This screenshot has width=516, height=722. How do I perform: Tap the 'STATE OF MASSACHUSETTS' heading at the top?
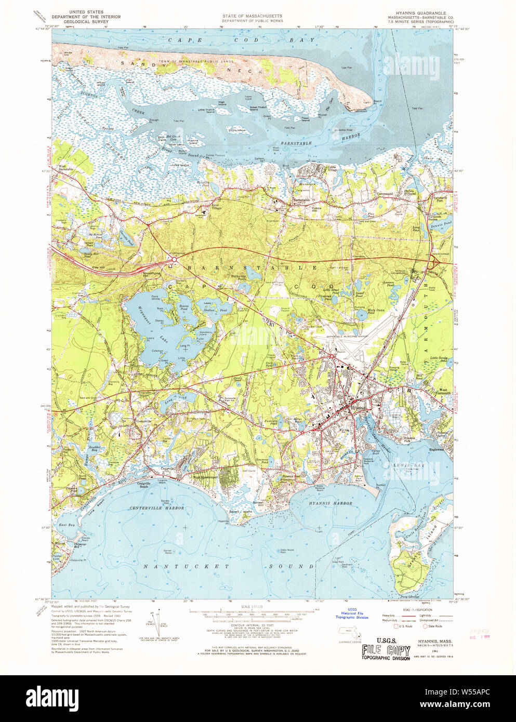(x=252, y=16)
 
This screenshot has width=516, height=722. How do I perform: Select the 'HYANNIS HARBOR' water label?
(x=330, y=503)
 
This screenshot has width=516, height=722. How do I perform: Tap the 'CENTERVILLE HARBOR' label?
(x=157, y=507)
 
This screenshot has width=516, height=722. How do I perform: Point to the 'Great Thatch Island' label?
(x=261, y=108)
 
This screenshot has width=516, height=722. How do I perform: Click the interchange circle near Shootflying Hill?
(x=175, y=258)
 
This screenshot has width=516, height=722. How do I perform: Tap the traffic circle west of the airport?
(x=332, y=356)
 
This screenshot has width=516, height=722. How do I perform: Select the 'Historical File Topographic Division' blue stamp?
(x=352, y=615)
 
